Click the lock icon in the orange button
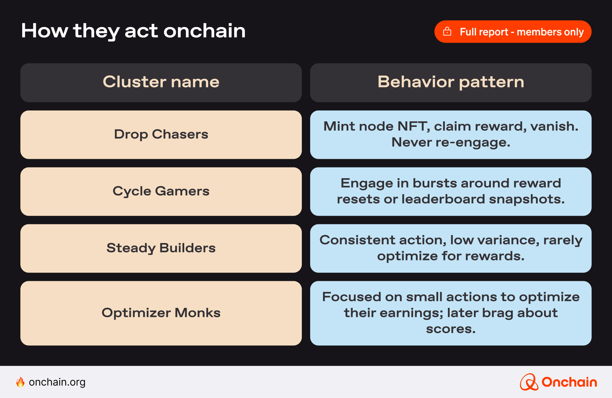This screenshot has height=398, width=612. (x=447, y=32)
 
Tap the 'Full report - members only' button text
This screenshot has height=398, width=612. (x=521, y=32)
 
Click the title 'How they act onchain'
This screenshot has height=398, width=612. (x=133, y=31)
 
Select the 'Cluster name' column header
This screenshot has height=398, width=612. (x=161, y=82)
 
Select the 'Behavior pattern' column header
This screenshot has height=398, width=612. (x=451, y=82)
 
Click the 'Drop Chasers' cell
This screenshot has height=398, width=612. (x=161, y=135)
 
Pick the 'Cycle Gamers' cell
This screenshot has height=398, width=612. (x=161, y=191)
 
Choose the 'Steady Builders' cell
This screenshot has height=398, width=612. (x=161, y=248)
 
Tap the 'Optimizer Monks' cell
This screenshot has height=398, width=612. (x=161, y=313)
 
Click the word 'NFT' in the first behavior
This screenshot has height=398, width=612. (x=413, y=127)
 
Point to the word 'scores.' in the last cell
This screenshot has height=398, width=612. (x=451, y=329)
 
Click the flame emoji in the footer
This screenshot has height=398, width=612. (x=20, y=382)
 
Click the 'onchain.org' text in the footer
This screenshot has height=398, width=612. (x=57, y=382)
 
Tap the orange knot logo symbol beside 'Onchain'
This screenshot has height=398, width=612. (x=529, y=382)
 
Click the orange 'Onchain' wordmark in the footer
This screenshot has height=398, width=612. (x=569, y=382)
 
